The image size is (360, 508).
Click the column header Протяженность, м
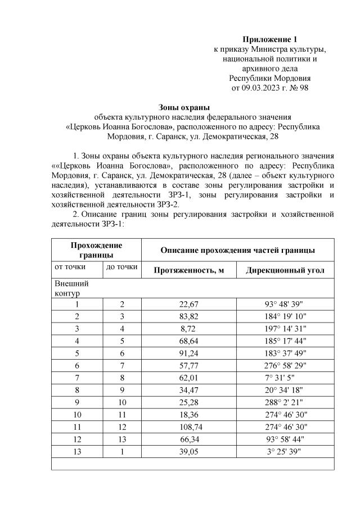click(x=189, y=270)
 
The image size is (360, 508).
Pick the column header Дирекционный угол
click(x=285, y=270)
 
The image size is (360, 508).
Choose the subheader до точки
click(x=122, y=267)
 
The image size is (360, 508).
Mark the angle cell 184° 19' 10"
click(x=285, y=316)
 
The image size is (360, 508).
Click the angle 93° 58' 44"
click(x=285, y=439)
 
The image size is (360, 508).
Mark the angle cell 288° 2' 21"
click(x=285, y=402)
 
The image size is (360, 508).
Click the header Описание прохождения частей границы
click(x=237, y=250)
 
